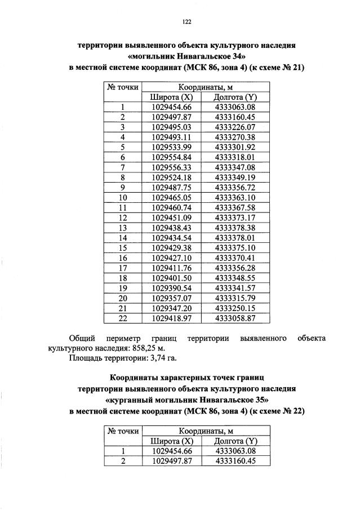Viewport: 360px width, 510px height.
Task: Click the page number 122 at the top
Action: click(x=186, y=22)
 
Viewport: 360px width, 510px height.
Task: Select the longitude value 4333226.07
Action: click(x=235, y=127)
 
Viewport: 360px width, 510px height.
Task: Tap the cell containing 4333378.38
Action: click(x=235, y=228)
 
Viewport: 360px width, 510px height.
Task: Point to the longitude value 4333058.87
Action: click(x=235, y=319)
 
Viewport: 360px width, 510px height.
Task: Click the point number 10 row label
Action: click(x=122, y=198)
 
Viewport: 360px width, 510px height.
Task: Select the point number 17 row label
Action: click(x=122, y=269)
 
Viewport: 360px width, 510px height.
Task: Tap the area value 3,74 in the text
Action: click(x=159, y=358)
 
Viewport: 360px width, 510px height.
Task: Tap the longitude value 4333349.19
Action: click(x=235, y=178)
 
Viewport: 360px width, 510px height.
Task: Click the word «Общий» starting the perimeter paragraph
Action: click(x=82, y=338)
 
